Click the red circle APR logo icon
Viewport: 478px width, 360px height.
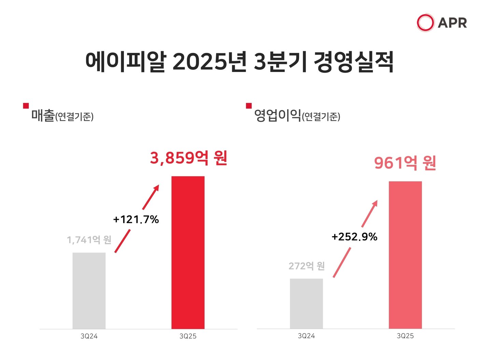425,23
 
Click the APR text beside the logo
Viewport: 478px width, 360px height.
452,23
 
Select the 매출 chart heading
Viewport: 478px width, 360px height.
43,115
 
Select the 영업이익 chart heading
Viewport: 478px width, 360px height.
277,115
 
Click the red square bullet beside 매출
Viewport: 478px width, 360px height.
26,106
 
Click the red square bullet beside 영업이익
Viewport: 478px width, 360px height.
249,106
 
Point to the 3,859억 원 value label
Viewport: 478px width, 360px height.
188,158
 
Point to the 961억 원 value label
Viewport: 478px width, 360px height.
405,163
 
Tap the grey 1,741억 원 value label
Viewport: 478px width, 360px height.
89,240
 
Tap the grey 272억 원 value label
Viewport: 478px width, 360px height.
306,266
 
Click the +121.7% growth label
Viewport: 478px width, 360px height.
136,219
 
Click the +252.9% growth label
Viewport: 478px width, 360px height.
354,236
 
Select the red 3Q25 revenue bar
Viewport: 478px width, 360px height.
188,253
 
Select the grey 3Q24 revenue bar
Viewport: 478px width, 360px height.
89,291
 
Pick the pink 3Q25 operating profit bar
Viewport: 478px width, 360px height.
405,255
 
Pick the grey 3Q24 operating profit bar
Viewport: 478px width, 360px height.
306,304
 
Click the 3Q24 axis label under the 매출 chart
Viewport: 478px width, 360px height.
89,336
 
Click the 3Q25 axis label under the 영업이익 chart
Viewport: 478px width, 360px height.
405,336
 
